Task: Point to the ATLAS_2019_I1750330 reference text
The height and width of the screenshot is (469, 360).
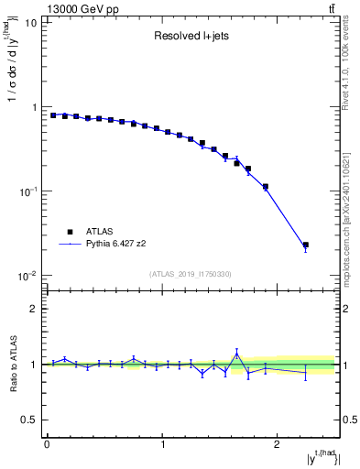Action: click(191, 274)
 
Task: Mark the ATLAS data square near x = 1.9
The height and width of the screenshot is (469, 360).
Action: click(265, 187)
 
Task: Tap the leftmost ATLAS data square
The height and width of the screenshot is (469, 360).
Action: click(53, 115)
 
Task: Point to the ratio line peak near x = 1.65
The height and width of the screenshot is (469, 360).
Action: click(236, 354)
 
